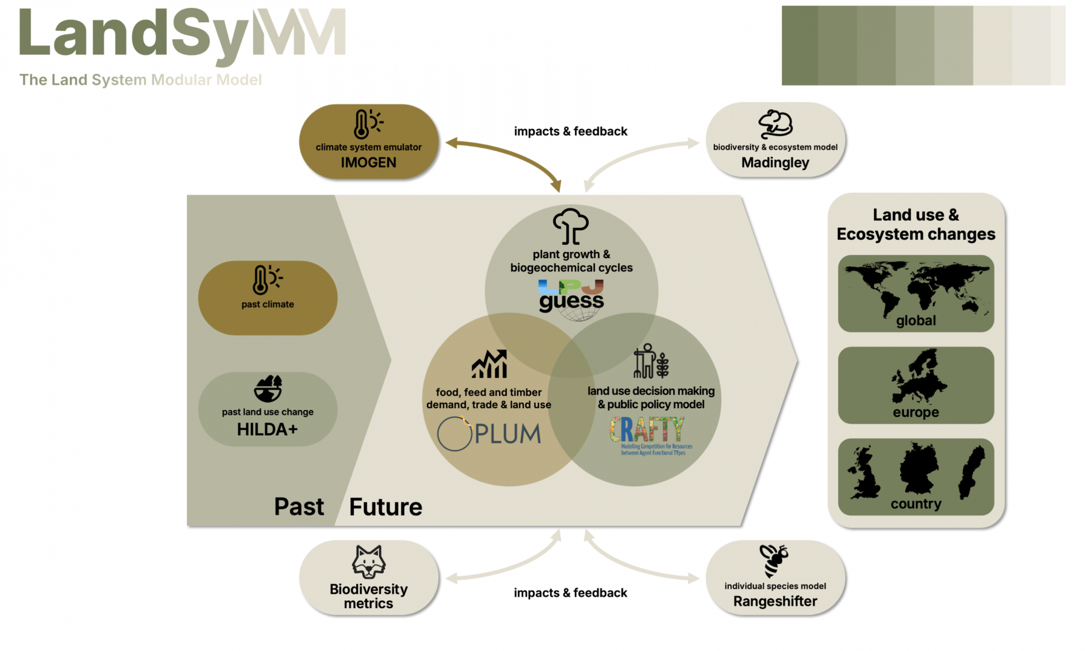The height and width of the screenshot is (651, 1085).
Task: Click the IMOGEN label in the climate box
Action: click(368, 163)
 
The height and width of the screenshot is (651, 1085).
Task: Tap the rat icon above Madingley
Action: click(775, 124)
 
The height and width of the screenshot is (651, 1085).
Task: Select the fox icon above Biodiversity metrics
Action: click(368, 562)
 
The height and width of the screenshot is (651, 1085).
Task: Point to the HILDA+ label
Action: click(267, 429)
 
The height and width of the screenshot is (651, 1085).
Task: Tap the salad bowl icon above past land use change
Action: click(268, 389)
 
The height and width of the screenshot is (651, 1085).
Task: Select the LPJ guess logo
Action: click(571, 297)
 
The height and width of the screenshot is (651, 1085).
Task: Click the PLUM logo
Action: click(489, 434)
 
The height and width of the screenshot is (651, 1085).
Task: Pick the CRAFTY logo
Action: click(648, 434)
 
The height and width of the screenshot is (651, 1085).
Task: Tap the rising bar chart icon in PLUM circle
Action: click(489, 364)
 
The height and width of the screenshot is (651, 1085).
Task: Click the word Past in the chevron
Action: click(299, 507)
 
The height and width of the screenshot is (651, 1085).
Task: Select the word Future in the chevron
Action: click(386, 507)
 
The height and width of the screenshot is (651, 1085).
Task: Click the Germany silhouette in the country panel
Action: click(918, 468)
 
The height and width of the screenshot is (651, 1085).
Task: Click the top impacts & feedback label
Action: click(570, 131)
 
